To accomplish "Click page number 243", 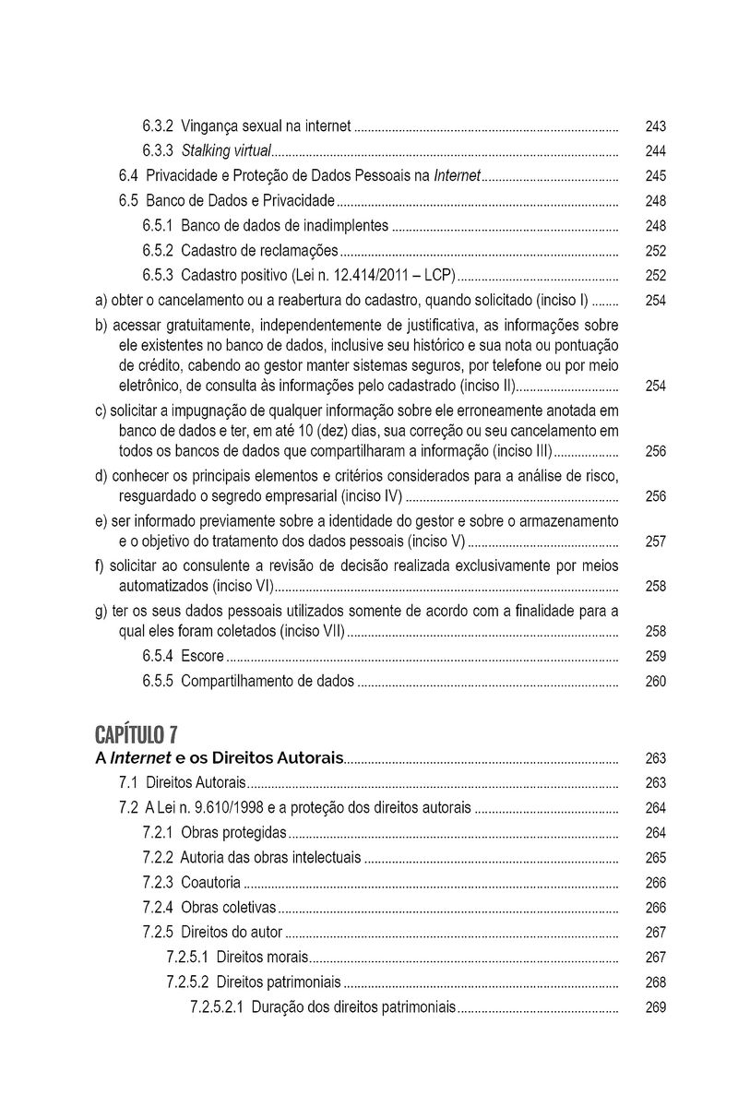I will point(656,125).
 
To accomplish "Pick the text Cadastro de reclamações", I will point(259,250).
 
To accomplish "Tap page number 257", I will point(656,541).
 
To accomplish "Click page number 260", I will point(656,683).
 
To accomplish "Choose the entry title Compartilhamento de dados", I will point(268,683).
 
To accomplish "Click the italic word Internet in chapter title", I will point(141,758).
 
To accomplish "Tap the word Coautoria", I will point(211,883).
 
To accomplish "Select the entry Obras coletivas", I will point(228,908).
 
